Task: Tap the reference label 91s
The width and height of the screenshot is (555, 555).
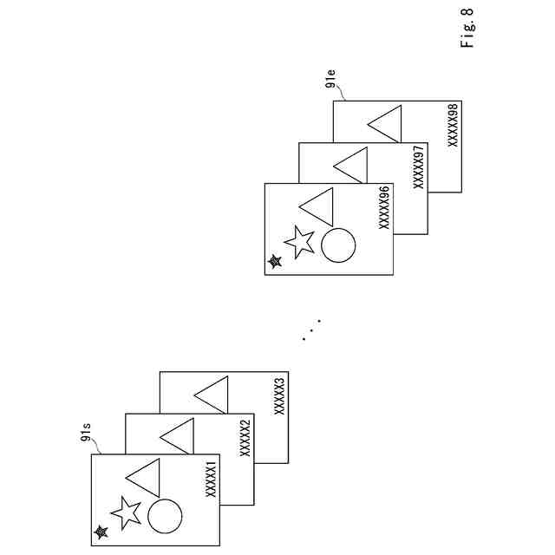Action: (x=86, y=430)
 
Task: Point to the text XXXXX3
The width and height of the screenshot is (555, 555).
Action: (x=279, y=395)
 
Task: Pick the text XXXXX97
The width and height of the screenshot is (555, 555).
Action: (x=418, y=166)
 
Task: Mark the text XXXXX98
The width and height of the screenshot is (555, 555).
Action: (x=453, y=126)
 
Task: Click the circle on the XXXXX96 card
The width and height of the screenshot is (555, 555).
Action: (x=338, y=245)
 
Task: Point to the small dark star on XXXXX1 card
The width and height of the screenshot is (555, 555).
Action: (x=101, y=532)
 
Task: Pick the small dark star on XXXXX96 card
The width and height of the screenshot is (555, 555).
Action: (x=275, y=260)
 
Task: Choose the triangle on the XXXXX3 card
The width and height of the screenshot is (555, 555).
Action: (x=213, y=395)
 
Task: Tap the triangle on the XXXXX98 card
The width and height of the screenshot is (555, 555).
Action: (x=387, y=122)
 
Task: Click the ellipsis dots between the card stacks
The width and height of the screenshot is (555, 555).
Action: (x=312, y=329)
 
